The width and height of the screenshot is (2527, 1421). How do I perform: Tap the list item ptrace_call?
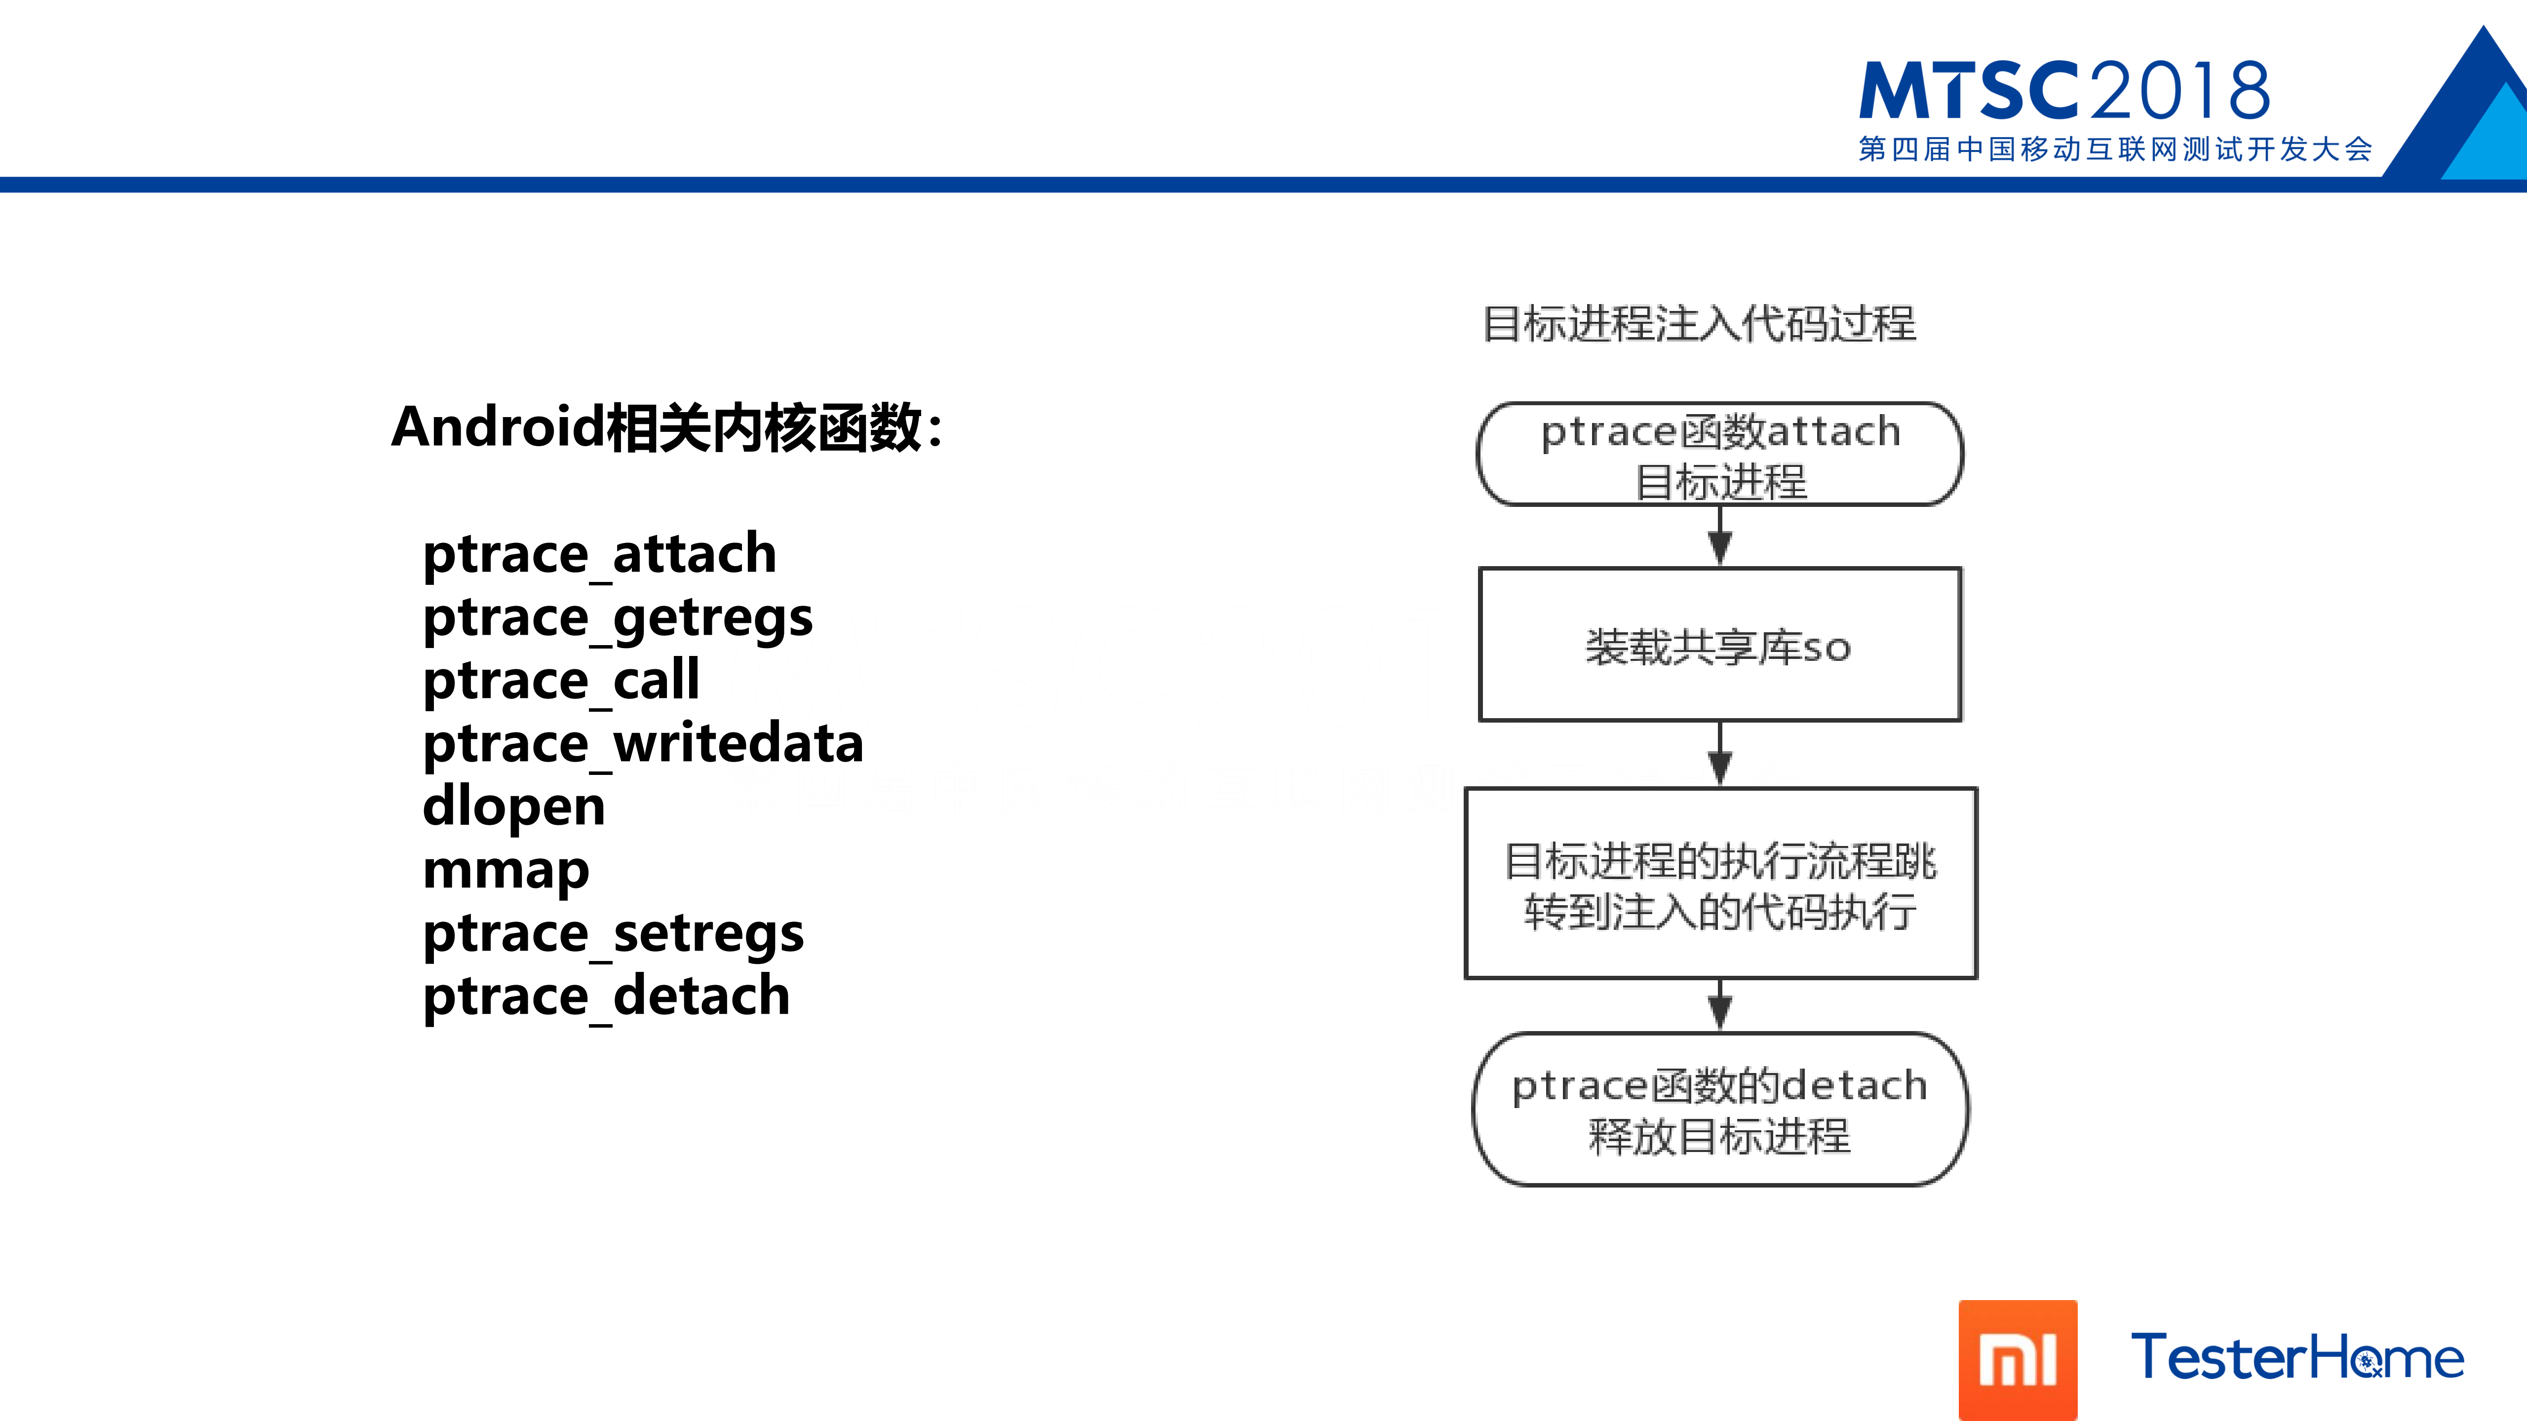[561, 681]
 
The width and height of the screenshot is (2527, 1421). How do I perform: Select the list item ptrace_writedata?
[643, 743]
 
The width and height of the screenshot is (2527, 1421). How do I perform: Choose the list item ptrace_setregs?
[613, 934]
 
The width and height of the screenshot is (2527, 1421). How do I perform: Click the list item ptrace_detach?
[606, 997]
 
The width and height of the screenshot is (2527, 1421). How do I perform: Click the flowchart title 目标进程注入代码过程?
[1699, 324]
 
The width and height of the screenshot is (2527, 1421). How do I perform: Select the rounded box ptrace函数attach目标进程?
[1720, 454]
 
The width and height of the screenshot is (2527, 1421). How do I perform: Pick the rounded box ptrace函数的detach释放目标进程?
[1720, 1109]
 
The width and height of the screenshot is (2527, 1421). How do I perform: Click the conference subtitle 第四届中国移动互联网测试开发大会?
[2115, 149]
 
